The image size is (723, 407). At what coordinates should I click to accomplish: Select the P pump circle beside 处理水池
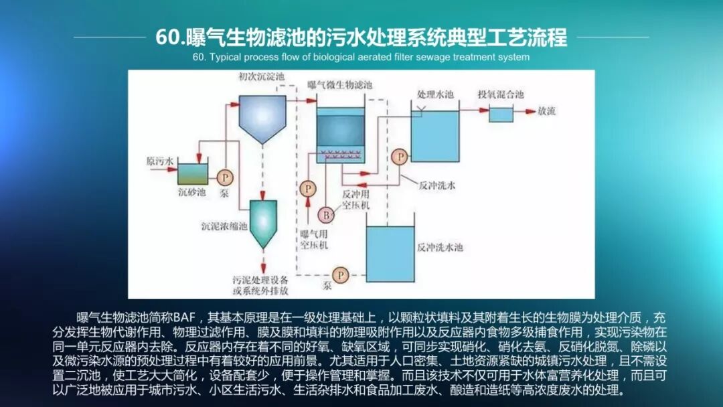[x=400, y=157]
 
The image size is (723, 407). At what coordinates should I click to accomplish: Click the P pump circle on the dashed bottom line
[x=341, y=274]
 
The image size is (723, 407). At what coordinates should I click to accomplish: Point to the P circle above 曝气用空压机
[x=307, y=189]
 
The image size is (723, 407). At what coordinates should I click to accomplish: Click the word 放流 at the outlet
[x=547, y=111]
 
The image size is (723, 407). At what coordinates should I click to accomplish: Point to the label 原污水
[x=160, y=161]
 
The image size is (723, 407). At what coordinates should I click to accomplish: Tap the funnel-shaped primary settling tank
[x=262, y=117]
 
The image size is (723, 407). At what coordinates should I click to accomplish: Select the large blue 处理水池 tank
[x=434, y=136]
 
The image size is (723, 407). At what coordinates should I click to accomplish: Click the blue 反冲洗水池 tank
[x=390, y=252]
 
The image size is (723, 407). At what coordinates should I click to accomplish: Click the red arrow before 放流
[x=526, y=111]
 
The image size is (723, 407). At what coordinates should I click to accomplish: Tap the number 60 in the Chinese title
[x=165, y=37]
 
